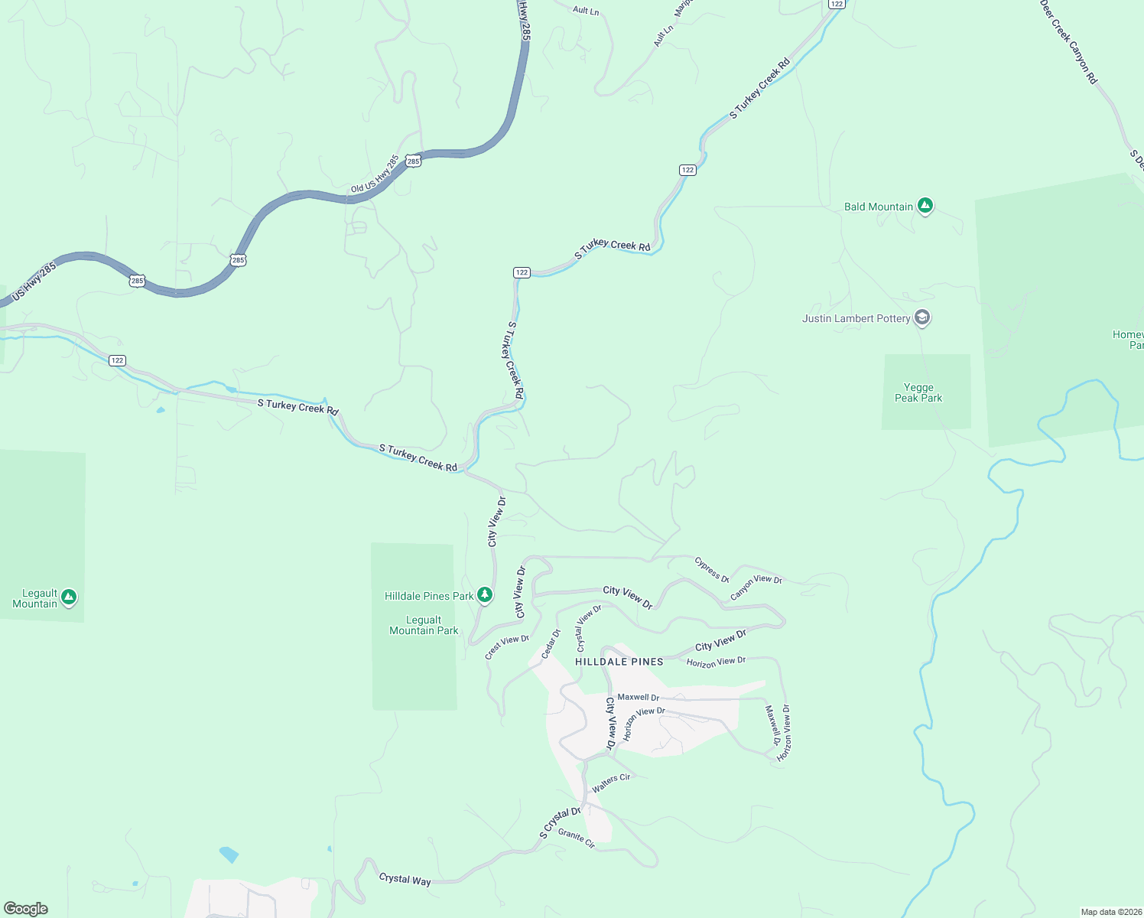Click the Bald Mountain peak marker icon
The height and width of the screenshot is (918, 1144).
pyautogui.click(x=925, y=206)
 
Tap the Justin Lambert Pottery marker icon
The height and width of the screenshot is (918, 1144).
pyautogui.click(x=922, y=318)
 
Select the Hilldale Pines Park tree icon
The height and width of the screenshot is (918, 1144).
pyautogui.click(x=484, y=594)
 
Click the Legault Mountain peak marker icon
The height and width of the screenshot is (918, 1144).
pyautogui.click(x=69, y=597)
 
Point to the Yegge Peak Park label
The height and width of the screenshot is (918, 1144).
pyautogui.click(x=918, y=392)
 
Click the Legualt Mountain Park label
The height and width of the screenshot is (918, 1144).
pyautogui.click(x=424, y=625)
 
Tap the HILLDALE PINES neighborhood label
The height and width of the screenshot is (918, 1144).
pyautogui.click(x=619, y=662)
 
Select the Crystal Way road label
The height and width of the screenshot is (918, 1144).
pyautogui.click(x=405, y=880)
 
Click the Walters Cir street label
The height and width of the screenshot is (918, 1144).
pyautogui.click(x=611, y=783)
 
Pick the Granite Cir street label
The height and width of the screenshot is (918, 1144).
pyautogui.click(x=577, y=838)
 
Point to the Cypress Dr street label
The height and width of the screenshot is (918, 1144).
pyautogui.click(x=712, y=569)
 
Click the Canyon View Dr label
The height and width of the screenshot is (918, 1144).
pyautogui.click(x=756, y=587)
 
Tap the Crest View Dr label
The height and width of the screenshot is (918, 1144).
pyautogui.click(x=507, y=646)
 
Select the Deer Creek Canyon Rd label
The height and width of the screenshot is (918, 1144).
pyautogui.click(x=1068, y=41)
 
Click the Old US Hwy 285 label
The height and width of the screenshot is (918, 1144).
pyautogui.click(x=375, y=174)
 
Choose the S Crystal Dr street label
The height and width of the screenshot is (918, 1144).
pyautogui.click(x=560, y=822)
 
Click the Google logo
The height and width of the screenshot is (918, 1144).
pyautogui.click(x=26, y=909)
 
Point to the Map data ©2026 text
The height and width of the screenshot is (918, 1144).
pyautogui.click(x=1110, y=912)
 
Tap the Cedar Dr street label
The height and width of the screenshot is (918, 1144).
pyautogui.click(x=551, y=643)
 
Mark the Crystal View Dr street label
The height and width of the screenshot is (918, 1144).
pyautogui.click(x=589, y=627)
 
